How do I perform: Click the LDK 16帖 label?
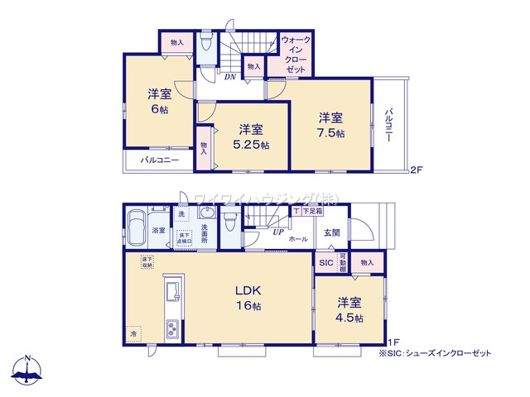tap(248, 299)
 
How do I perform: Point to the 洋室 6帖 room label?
tap(160, 101)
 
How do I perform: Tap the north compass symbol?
tap(27, 370)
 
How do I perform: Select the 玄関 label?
tap(332, 232)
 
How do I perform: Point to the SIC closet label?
tap(325, 262)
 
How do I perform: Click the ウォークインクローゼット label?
tap(296, 55)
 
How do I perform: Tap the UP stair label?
tap(278, 232)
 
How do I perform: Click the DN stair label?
tap(229, 76)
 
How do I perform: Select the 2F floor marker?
tap(417, 171)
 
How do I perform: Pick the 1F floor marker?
tap(395, 342)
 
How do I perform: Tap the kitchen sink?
tap(173, 291)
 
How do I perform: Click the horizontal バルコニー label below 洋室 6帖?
tap(159, 160)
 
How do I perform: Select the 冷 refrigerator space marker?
tap(134, 332)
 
